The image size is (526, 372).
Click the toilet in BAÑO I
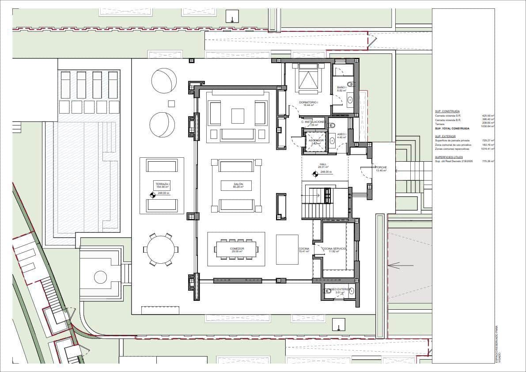[x=351, y=84]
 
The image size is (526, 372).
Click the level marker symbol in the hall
[x=315, y=174]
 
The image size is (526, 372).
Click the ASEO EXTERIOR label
[x=339, y=290]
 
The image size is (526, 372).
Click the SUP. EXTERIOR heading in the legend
[x=445, y=137]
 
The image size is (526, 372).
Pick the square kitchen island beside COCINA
[x=287, y=250]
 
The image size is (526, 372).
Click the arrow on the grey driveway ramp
[x=400, y=265]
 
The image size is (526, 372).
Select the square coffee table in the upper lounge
[x=238, y=116]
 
